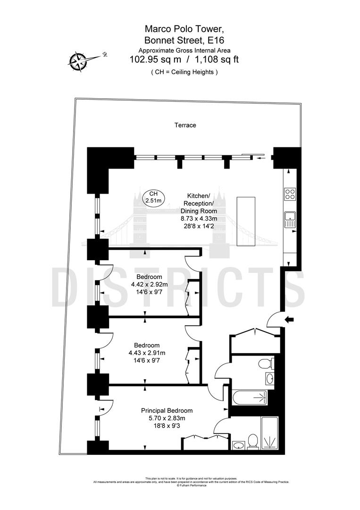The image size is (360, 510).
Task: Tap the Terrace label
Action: point(185,125)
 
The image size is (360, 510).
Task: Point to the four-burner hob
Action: point(289,194)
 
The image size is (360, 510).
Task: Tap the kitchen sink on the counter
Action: point(289,218)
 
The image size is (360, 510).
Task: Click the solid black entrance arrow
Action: point(289,320)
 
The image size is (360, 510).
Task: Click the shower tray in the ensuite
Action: point(270,433)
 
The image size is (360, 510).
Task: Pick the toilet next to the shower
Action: point(253,441)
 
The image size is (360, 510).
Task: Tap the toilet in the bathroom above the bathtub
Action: point(266,363)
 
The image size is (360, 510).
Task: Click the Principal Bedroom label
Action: point(167,410)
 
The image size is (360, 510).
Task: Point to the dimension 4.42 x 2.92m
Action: point(150,285)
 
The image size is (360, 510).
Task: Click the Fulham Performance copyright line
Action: point(192,485)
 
